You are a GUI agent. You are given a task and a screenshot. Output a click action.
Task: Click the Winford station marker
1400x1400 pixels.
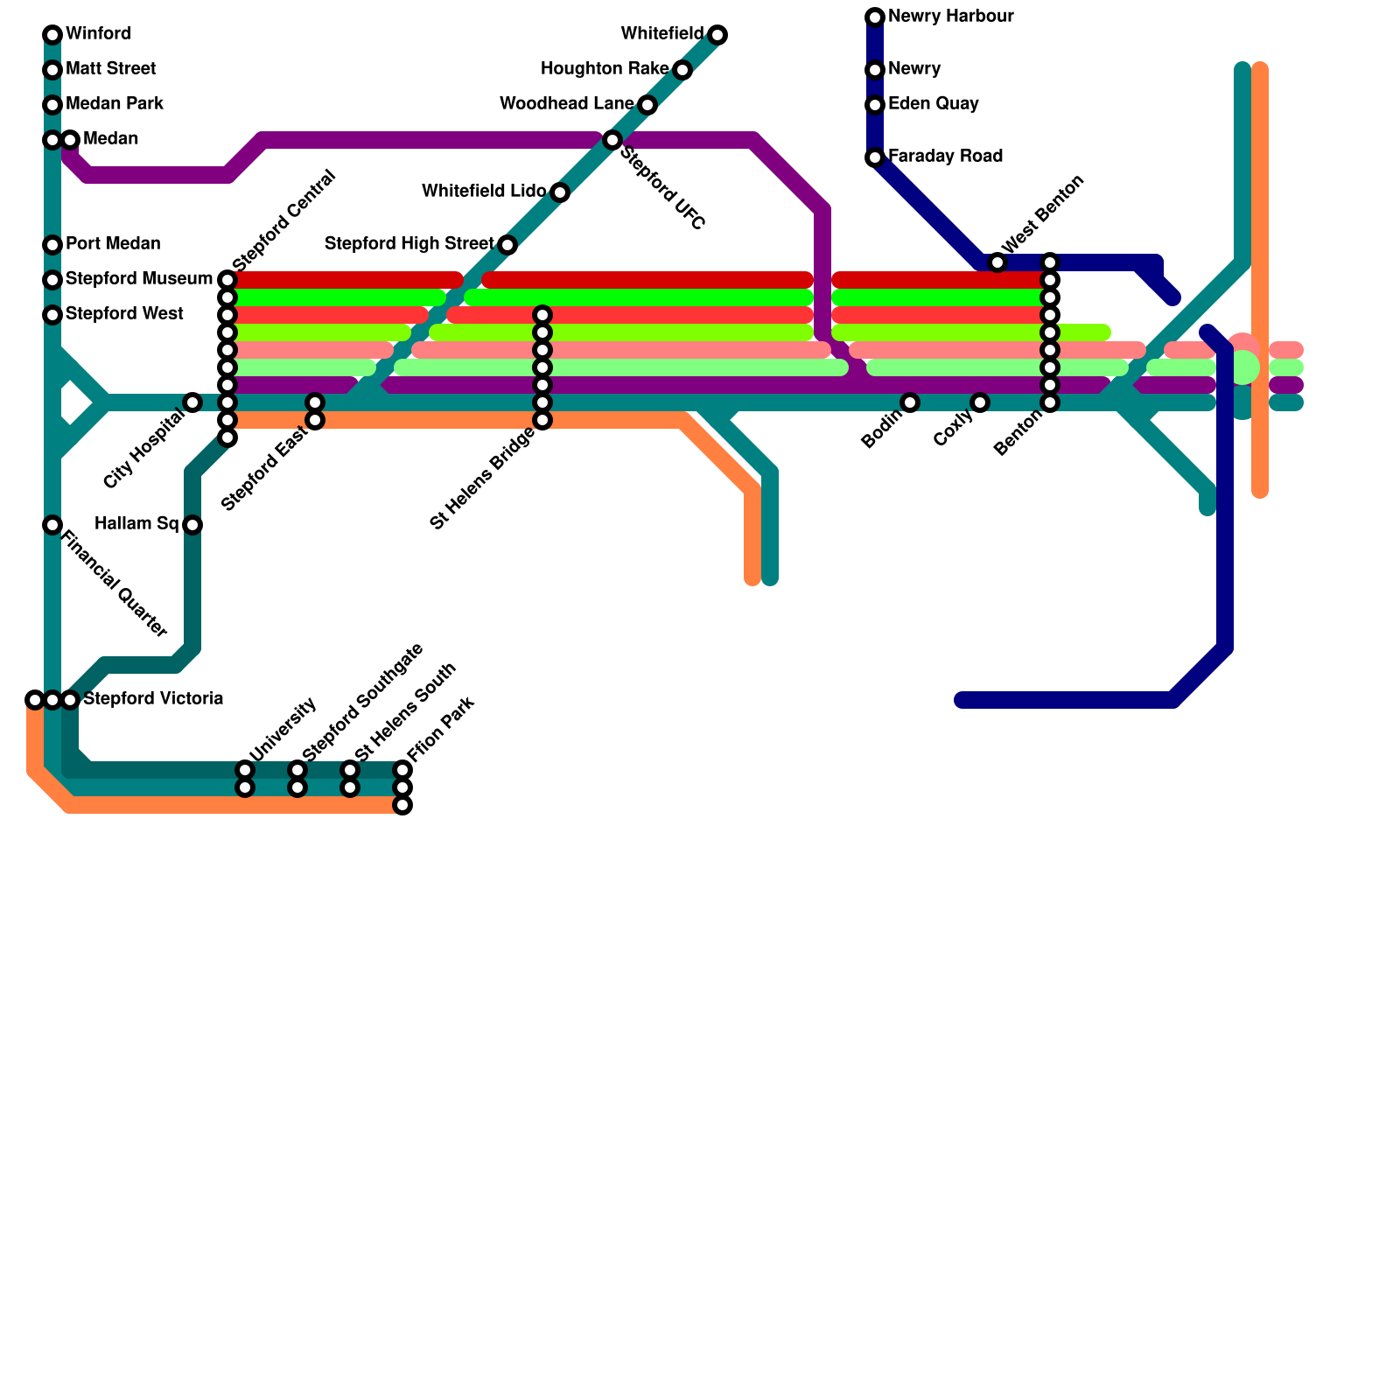point(52,35)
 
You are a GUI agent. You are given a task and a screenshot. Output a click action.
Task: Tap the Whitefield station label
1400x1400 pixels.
point(661,34)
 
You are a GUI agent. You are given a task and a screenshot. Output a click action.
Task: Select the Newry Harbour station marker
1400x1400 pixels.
point(875,17)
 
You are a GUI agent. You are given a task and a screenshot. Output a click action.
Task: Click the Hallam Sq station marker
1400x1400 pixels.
point(192,525)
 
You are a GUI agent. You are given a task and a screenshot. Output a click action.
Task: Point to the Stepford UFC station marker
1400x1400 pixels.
point(612,140)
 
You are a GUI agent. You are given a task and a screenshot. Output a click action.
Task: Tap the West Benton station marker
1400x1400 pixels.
point(997,262)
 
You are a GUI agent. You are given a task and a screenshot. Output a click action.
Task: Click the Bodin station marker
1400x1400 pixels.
point(910,402)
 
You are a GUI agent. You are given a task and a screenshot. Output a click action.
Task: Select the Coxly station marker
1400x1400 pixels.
point(980,402)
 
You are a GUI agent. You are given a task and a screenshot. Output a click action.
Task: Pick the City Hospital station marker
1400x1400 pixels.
point(192,402)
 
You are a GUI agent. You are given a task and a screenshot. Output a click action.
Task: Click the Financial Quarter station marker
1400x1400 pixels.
point(52,525)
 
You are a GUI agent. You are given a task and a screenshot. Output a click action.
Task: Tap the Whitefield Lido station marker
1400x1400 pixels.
point(560,192)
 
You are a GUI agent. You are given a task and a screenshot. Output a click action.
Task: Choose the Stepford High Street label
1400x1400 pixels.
point(409,244)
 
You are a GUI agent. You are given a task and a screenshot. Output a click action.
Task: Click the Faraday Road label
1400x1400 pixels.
point(945,157)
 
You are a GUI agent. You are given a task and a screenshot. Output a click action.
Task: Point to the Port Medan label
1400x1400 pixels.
point(113,244)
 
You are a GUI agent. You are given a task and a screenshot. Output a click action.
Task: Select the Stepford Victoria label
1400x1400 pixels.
point(153,699)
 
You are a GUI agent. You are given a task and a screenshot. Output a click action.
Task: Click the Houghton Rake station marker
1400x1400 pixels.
point(682,70)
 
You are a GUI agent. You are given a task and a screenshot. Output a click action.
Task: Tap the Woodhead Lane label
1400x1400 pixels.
point(566,104)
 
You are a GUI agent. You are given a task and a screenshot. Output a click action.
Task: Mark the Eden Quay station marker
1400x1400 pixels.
point(875,105)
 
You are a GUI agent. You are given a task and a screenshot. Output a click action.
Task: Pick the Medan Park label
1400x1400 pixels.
point(115,104)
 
